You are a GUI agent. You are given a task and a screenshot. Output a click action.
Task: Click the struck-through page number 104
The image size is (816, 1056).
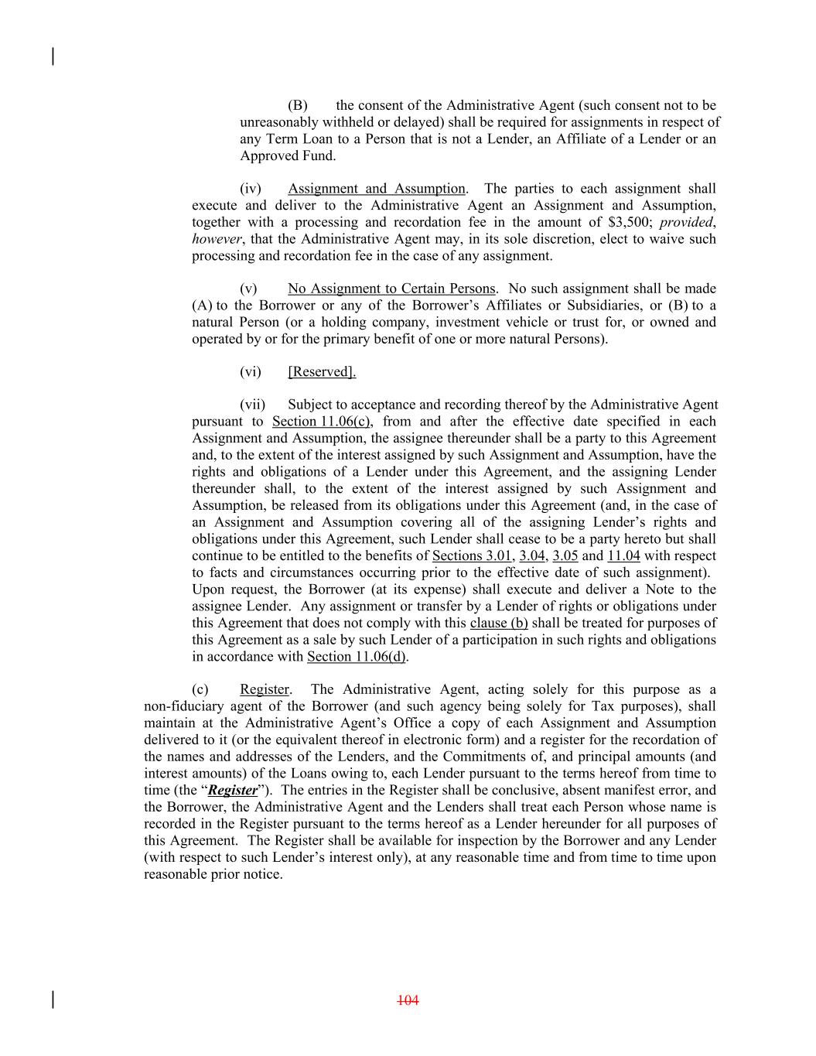(x=408, y=1000)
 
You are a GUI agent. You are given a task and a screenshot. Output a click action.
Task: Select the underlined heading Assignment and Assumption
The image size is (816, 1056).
(x=377, y=189)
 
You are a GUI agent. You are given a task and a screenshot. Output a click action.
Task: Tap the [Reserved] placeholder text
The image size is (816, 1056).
(x=322, y=372)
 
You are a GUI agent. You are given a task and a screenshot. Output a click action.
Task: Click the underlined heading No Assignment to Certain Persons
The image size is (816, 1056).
(x=391, y=289)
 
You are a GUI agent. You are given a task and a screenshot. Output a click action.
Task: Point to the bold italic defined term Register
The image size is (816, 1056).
(x=233, y=791)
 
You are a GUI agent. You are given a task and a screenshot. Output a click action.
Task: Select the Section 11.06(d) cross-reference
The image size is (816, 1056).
(x=357, y=657)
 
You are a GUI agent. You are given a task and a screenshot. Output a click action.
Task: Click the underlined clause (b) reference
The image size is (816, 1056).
(x=499, y=623)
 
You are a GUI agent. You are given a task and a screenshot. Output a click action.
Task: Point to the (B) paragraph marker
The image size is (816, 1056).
(x=298, y=105)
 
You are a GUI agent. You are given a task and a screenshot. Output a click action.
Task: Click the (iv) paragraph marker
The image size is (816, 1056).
(x=251, y=189)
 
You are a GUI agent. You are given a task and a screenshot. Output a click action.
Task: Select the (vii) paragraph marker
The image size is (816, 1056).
(x=252, y=405)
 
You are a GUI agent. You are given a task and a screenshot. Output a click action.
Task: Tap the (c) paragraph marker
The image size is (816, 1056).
(x=200, y=689)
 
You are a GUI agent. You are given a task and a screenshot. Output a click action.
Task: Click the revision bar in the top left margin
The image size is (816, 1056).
(x=53, y=56)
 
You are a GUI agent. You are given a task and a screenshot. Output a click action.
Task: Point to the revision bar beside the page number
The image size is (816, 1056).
(x=53, y=1000)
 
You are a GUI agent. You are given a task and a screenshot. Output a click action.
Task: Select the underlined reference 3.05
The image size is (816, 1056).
(x=565, y=556)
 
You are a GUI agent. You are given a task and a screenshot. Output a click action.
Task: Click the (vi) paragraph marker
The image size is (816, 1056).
(x=251, y=372)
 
